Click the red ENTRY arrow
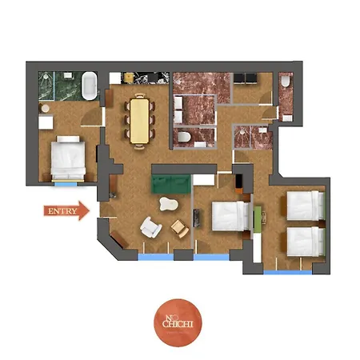pyautogui.click(x=66, y=210)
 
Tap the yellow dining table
pyautogui.click(x=139, y=121)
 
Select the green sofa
pyautogui.click(x=171, y=184)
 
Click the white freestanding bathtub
pyautogui.click(x=90, y=86)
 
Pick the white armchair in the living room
pyautogui.click(x=150, y=227)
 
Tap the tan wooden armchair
pyautogui.click(x=180, y=228)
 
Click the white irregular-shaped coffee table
pyautogui.click(x=169, y=204)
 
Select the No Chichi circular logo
pyautogui.click(x=178, y=322)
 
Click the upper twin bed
pyautogui.click(x=306, y=206)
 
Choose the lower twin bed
pyautogui.click(x=306, y=242)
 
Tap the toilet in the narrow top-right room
pyautogui.click(x=286, y=81)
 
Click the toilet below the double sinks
pyautogui.click(x=184, y=137)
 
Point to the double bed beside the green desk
pyautogui.click(x=230, y=216)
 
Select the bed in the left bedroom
pyautogui.click(x=68, y=158)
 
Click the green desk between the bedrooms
pyautogui.click(x=257, y=219)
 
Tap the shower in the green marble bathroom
pyautogui.click(x=46, y=86)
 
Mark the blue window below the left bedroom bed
pyautogui.click(x=66, y=184)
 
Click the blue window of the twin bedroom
pyautogui.click(x=287, y=272)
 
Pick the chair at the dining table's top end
pyautogui.click(x=140, y=95)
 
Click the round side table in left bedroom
pyautogui.click(x=46, y=109)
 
